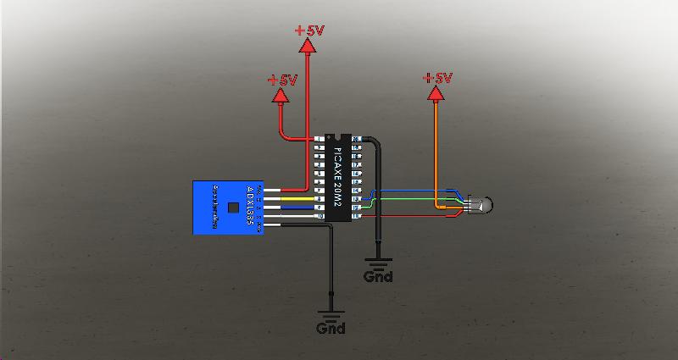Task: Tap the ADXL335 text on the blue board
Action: tap(250, 202)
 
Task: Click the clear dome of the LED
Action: tap(485, 204)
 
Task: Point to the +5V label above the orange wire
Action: tap(437, 78)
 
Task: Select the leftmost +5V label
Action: tap(282, 80)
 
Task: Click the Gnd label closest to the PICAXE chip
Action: tap(378, 276)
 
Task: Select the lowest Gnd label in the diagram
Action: tap(331, 328)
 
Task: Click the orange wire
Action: tap(436, 152)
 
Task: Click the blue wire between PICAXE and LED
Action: tap(415, 193)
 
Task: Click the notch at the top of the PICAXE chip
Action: tap(340, 136)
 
